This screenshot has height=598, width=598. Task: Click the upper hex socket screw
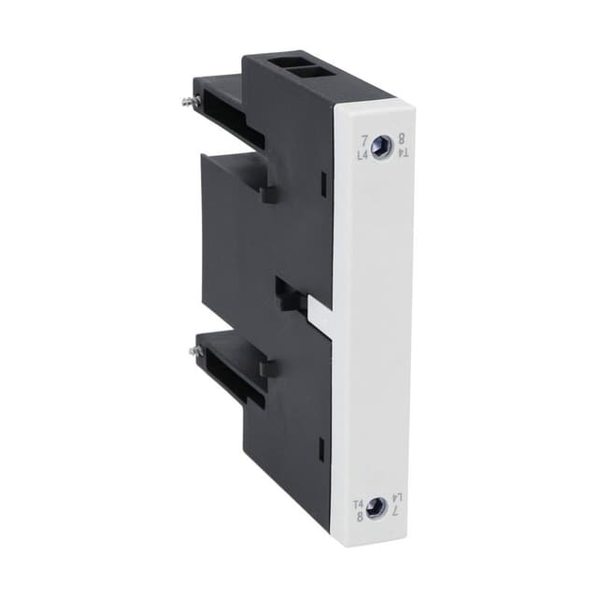click(x=381, y=147)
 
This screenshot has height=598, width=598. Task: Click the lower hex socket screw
click(x=376, y=508)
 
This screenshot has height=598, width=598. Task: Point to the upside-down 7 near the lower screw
click(x=394, y=517)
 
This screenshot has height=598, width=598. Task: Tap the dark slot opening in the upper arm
click(x=228, y=102)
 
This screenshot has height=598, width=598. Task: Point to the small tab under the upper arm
click(x=268, y=193)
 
